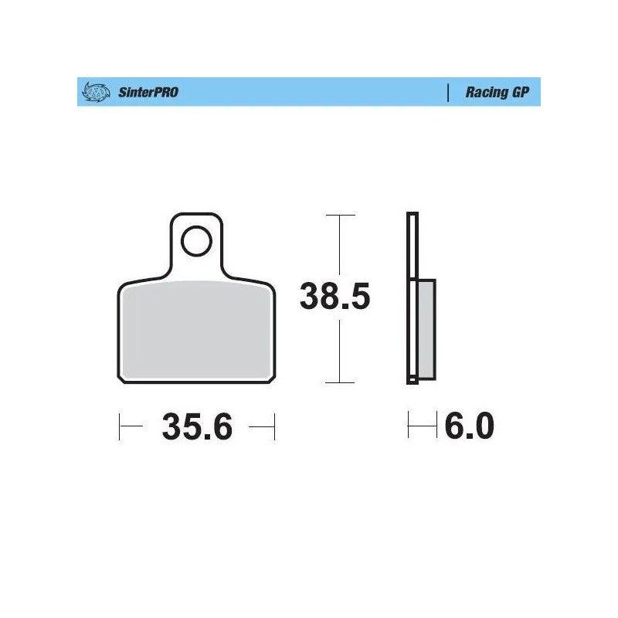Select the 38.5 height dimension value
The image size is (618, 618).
coord(335,297)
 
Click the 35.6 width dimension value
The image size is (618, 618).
coord(197,426)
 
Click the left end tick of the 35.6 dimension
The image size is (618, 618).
coord(119,426)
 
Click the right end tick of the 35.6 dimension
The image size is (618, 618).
coord(275,426)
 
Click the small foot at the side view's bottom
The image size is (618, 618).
coord(413,379)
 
